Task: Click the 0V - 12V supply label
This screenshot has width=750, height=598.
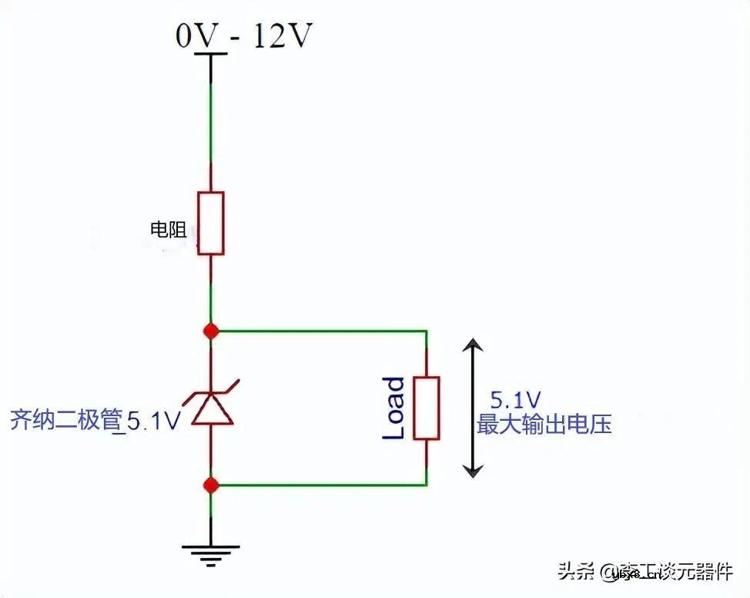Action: click(x=244, y=35)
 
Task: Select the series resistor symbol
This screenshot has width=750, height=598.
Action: click(x=211, y=223)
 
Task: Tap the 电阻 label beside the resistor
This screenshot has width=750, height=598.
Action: click(x=169, y=229)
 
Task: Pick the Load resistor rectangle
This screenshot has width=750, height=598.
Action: click(x=427, y=408)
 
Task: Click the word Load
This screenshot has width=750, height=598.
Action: click(x=394, y=408)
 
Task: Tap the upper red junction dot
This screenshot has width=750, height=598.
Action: click(x=211, y=331)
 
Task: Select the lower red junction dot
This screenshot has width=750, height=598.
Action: click(x=211, y=485)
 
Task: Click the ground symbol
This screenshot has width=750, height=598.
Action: click(x=211, y=549)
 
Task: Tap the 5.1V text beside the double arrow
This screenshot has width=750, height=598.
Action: click(x=516, y=400)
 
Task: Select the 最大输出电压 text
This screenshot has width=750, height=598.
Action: click(x=544, y=424)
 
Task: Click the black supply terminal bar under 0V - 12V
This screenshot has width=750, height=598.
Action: click(x=211, y=54)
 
